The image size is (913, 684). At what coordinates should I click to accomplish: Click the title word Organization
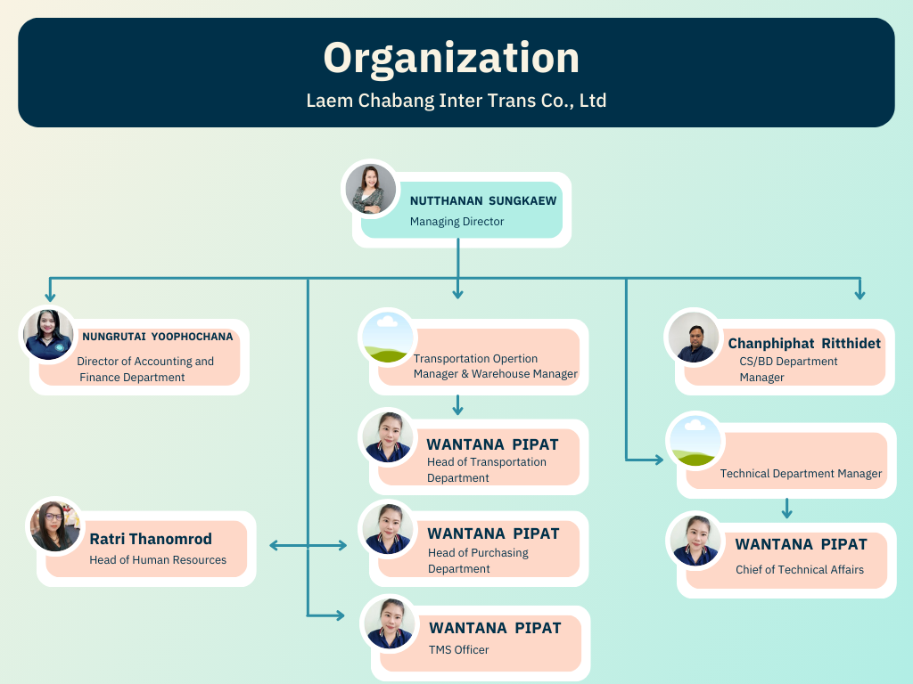451,58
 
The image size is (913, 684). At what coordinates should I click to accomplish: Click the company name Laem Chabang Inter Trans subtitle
456,101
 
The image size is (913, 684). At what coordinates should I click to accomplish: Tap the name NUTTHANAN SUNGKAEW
483,201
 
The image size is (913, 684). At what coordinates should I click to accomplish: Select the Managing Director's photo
370,190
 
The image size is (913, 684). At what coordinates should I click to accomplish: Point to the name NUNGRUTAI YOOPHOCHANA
158,337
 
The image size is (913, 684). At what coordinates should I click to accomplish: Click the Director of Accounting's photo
48,335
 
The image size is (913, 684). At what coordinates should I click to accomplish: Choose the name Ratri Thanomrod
151,539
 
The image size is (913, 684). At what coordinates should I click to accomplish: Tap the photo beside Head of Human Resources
55,525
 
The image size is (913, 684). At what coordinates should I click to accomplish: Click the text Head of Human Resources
158,560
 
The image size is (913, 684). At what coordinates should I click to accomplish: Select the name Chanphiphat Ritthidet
804,343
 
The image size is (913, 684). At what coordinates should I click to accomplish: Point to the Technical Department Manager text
801,474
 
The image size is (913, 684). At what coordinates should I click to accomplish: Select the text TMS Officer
458,650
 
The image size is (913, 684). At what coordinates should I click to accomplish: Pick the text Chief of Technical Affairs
800,570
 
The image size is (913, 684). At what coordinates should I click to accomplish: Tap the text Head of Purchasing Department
478,561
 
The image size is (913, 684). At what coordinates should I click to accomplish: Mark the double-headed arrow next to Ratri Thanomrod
308,545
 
